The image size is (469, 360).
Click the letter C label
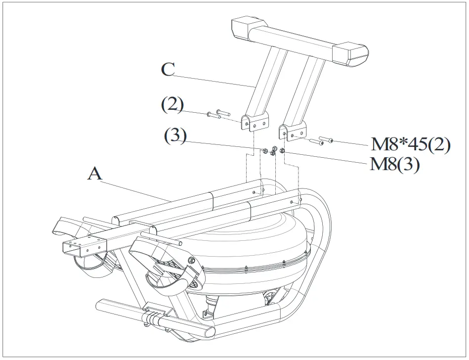point(168,69)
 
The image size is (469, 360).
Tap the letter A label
point(95,174)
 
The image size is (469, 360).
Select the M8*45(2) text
point(411,145)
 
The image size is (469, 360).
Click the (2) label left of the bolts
point(172,105)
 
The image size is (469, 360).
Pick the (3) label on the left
point(175,136)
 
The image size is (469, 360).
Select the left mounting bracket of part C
point(255,122)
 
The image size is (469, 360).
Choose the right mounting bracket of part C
point(292,132)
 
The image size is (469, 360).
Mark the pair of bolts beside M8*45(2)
point(321,141)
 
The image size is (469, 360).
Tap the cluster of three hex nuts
point(272,151)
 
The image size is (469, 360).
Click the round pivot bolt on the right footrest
point(191,261)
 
